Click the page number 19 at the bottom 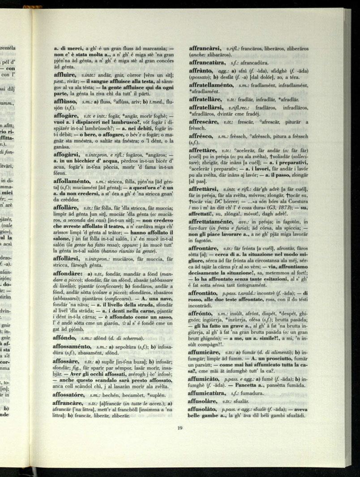(179, 428)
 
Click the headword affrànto (200, 71)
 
